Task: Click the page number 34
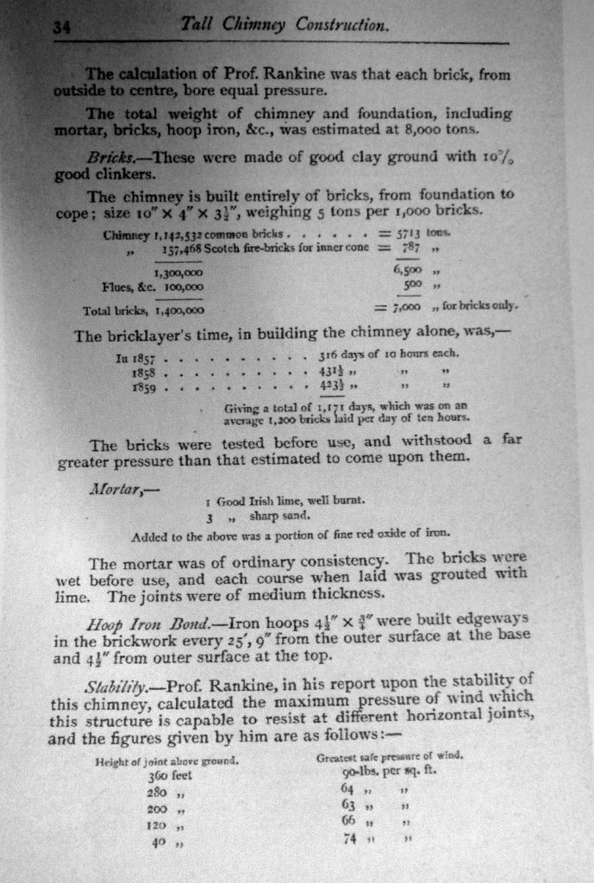pos(61,27)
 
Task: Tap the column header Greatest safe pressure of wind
pos(391,756)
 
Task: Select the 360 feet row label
pos(172,776)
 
